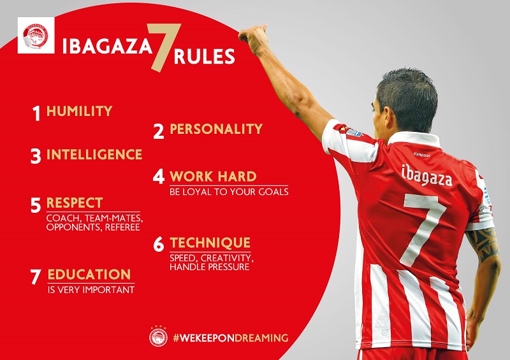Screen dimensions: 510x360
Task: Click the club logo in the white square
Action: point(36,36)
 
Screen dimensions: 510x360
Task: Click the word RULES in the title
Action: point(204,56)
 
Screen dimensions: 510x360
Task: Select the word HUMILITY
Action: point(79,111)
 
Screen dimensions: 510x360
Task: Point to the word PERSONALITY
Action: point(216,129)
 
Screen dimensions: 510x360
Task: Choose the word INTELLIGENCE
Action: point(94,154)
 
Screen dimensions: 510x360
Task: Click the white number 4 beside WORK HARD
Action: point(159,176)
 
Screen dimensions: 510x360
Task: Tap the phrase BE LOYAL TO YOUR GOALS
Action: point(229,192)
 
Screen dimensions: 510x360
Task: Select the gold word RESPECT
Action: point(75,203)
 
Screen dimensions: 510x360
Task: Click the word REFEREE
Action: point(122,227)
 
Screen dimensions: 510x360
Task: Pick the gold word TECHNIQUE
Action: point(210,243)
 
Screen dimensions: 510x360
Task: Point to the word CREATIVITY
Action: point(227,258)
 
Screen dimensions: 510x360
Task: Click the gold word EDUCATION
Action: point(89,275)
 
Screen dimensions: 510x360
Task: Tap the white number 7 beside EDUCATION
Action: point(36,277)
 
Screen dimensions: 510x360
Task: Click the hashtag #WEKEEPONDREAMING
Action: point(231,338)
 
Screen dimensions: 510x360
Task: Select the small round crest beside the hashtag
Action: point(158,337)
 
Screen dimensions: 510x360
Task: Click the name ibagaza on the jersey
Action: point(426,176)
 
